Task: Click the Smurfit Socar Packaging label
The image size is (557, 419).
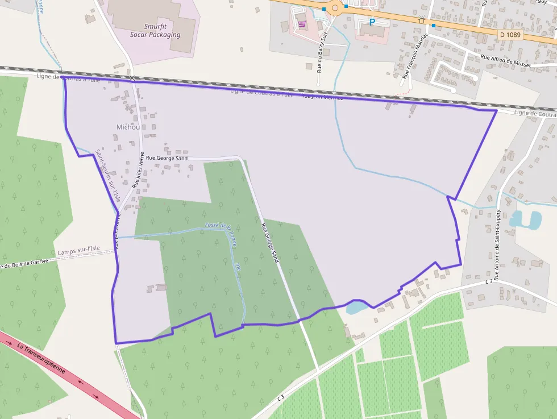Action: click(162, 30)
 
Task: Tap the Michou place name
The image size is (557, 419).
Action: click(128, 127)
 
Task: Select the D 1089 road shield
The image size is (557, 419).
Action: click(510, 35)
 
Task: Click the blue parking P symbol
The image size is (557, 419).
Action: click(372, 22)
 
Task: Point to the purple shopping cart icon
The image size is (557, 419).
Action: click(301, 24)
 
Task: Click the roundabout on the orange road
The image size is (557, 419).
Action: click(335, 7)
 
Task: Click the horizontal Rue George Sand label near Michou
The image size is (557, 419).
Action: click(167, 158)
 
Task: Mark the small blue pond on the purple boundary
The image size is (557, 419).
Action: click(355, 308)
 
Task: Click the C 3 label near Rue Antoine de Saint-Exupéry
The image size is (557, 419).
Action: click(489, 281)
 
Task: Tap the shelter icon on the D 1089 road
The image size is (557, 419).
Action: click(422, 20)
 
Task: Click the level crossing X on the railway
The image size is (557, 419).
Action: click(132, 78)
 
